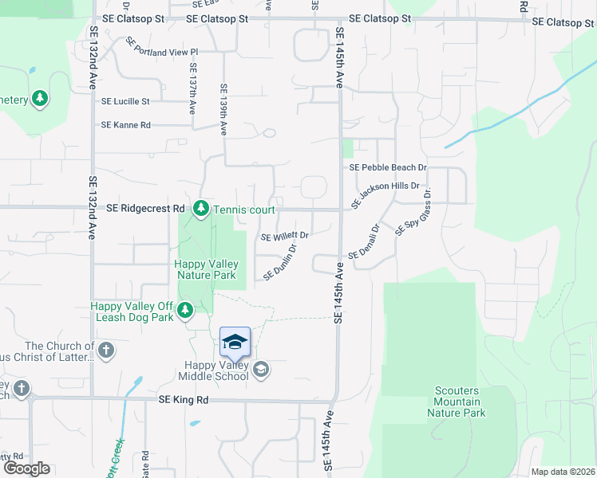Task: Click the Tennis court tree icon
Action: click(201, 209)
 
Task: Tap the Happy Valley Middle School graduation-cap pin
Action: click(235, 343)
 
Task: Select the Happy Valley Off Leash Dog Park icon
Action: click(185, 310)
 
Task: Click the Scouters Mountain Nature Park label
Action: click(457, 402)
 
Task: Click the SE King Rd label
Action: click(184, 401)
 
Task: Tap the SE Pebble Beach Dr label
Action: click(388, 167)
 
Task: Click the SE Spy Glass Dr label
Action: click(413, 212)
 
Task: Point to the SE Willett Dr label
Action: click(284, 236)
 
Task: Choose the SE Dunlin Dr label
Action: click(280, 262)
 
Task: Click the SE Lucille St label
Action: click(125, 101)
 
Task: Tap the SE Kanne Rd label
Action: click(125, 125)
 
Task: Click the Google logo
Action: click(26, 468)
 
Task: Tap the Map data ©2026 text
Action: click(562, 472)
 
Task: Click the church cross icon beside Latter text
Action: click(105, 350)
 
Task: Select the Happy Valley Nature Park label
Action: click(206, 269)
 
